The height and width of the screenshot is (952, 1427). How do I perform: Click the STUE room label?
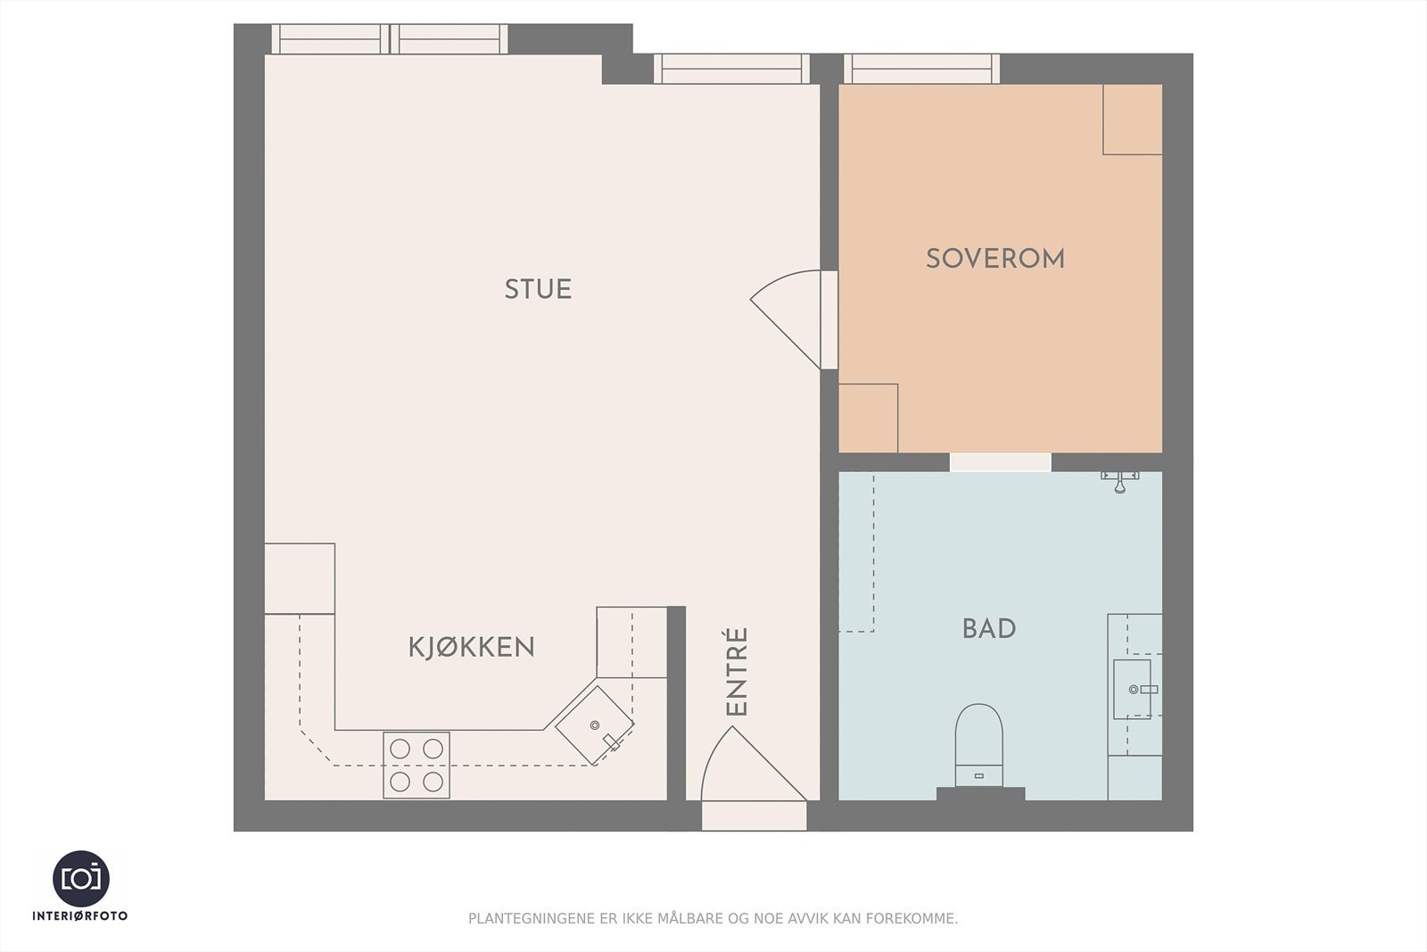(x=538, y=289)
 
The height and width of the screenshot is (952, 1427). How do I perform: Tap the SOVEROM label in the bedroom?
(x=995, y=259)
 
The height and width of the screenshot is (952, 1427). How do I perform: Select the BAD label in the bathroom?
(x=989, y=629)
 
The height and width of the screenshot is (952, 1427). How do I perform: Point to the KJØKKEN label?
(x=472, y=648)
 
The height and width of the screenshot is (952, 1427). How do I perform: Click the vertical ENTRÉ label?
(x=737, y=671)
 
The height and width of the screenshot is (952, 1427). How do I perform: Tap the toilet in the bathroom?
(x=978, y=745)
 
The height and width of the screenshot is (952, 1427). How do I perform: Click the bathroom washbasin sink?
(x=1134, y=689)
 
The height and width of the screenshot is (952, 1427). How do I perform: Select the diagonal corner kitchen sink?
(x=594, y=725)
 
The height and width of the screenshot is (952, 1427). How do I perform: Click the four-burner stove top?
(x=416, y=766)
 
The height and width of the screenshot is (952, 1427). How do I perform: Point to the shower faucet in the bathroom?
(x=1120, y=481)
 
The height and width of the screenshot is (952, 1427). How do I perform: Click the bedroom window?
(x=922, y=69)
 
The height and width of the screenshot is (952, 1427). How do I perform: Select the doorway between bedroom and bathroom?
(x=1000, y=462)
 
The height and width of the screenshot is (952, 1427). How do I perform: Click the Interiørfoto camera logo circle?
(x=81, y=879)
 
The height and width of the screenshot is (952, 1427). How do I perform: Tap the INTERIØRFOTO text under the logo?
(x=80, y=915)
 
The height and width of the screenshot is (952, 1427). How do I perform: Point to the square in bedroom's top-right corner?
(x=1133, y=120)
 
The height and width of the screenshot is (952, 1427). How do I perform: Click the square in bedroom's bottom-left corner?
(x=869, y=418)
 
